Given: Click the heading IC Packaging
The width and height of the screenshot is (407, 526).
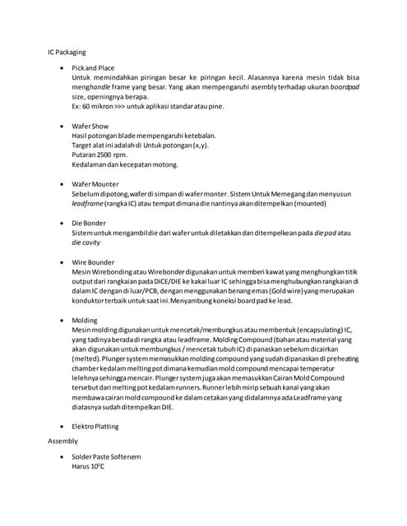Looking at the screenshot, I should point(66,52).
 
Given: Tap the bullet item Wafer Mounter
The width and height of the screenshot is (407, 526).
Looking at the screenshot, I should point(95,183).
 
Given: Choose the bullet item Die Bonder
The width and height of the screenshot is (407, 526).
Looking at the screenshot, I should point(89,223).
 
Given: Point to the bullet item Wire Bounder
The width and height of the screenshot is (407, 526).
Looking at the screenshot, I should point(93,262).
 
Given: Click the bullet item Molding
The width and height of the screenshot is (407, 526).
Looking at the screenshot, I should point(84,320).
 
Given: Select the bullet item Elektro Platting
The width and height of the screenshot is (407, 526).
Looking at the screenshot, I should point(95,427).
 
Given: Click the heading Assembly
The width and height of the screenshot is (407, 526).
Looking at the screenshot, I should point(63,441).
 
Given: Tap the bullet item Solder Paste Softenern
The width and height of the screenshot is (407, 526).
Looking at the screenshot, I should point(106,456).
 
